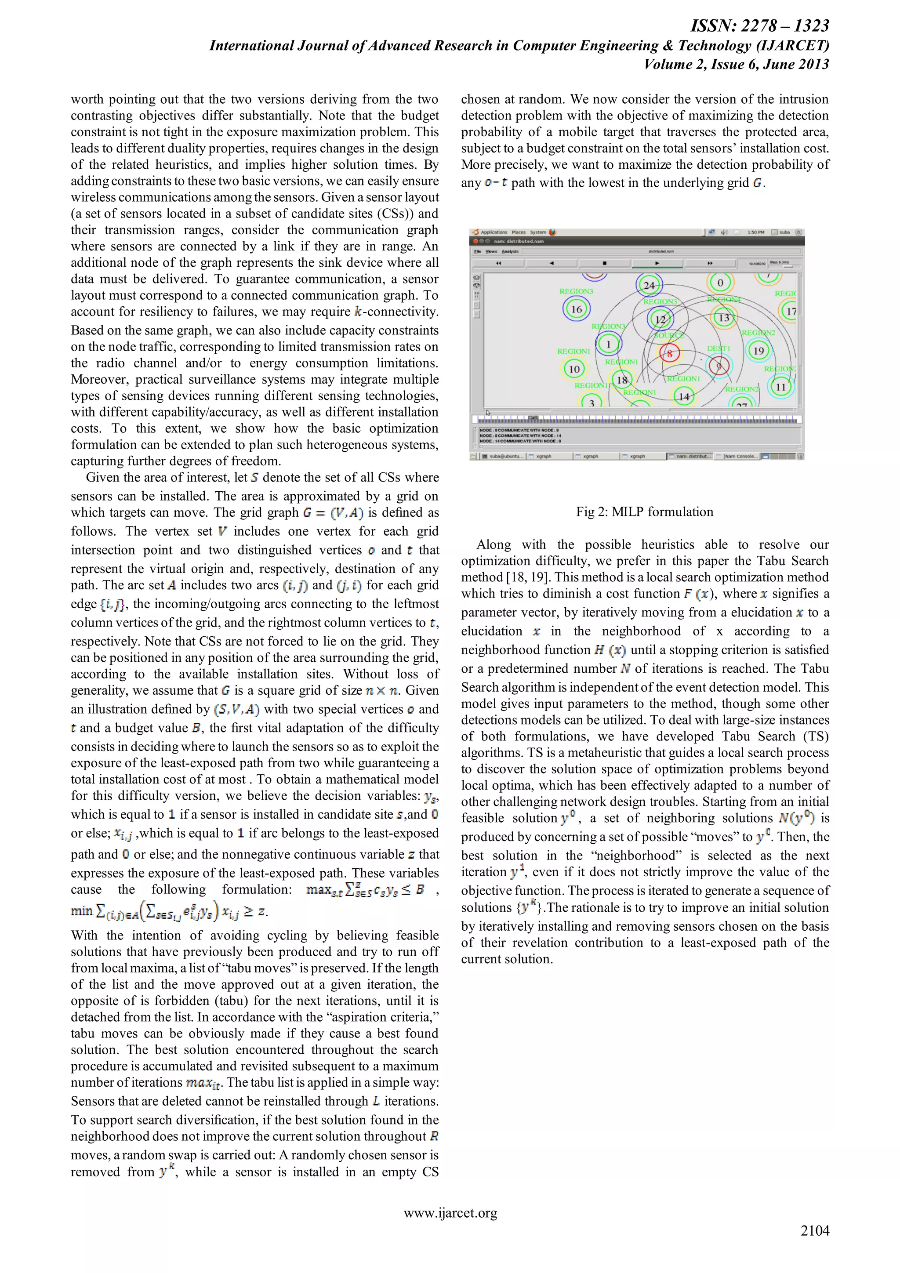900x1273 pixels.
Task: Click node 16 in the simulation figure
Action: (x=576, y=309)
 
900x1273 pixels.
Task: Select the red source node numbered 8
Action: (x=669, y=353)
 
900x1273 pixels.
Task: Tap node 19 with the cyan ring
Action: (x=758, y=350)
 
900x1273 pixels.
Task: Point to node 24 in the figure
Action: (x=649, y=286)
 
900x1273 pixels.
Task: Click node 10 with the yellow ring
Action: (x=574, y=369)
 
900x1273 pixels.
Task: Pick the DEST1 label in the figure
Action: (x=718, y=348)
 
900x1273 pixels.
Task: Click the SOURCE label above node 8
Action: (x=669, y=335)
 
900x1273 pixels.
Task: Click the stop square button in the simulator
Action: (x=604, y=263)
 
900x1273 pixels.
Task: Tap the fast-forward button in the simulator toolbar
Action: (x=710, y=263)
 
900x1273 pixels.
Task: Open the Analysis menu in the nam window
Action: (x=511, y=251)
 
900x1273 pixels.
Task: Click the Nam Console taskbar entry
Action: (x=740, y=456)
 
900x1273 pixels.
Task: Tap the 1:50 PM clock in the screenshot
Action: (x=755, y=232)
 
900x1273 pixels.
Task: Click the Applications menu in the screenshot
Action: (x=493, y=232)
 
